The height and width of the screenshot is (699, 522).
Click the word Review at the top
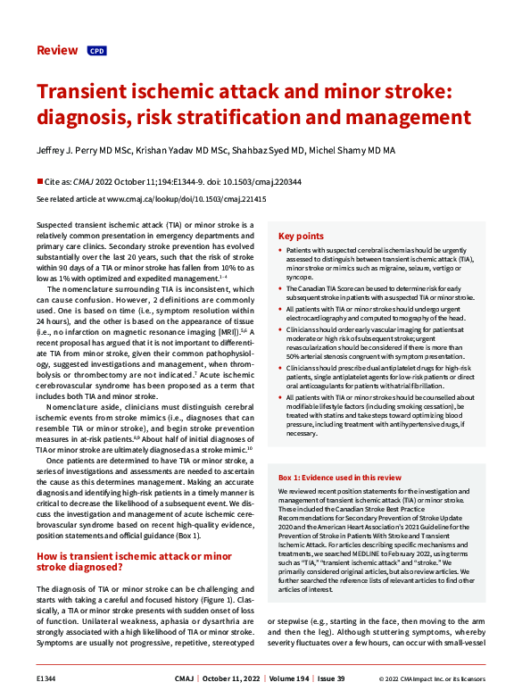click(x=57, y=50)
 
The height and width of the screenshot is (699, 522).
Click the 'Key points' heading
click(x=300, y=237)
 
